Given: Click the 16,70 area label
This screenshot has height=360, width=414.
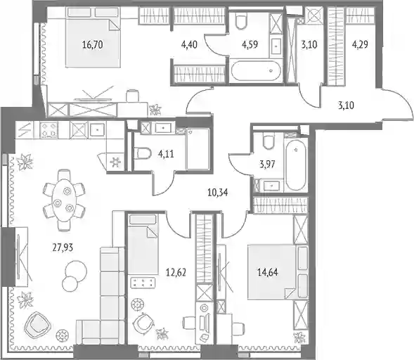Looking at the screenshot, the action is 92,44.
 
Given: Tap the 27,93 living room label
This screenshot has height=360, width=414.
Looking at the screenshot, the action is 63,247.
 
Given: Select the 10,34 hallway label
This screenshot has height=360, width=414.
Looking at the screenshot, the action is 218,192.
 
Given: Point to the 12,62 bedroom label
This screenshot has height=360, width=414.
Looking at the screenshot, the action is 176,272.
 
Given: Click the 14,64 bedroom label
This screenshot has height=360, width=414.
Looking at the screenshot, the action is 268,272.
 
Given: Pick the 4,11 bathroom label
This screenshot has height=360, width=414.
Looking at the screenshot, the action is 166,153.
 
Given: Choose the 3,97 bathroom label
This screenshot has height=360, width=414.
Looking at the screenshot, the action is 267,164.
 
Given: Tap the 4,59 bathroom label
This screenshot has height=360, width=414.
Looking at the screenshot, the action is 250,44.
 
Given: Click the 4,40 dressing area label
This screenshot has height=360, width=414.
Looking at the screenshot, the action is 189,44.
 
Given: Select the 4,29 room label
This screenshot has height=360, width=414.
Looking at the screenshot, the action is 360,44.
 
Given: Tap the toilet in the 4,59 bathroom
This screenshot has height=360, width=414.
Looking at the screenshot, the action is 241,21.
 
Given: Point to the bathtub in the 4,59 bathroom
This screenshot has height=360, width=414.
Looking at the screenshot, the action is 256,71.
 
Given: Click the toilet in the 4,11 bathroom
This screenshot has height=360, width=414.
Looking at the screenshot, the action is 142,153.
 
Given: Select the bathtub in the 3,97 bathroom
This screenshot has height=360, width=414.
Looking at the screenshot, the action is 296,165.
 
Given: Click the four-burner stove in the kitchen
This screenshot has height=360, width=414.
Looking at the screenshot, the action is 48,130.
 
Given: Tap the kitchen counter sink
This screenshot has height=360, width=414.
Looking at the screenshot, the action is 98,130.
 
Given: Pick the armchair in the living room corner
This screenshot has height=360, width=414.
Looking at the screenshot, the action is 37,325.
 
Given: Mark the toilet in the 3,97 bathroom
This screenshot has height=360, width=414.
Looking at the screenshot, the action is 269,141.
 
